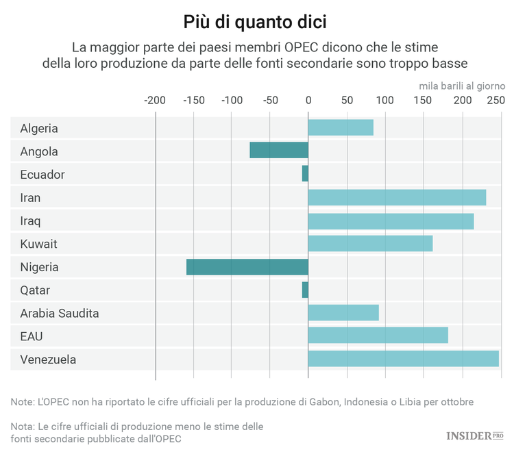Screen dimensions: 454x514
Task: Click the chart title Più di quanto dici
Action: click(255, 21)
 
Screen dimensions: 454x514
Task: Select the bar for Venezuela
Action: click(403, 359)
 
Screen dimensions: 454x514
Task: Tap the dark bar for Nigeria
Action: click(247, 266)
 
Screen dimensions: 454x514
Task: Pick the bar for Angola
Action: click(278, 151)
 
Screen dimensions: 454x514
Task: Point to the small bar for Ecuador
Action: click(305, 174)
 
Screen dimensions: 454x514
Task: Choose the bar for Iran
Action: click(397, 197)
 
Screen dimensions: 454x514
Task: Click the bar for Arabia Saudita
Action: click(343, 312)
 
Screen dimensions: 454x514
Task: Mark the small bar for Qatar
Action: click(305, 290)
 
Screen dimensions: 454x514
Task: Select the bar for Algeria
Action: click(341, 127)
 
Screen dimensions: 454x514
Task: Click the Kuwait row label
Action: click(38, 244)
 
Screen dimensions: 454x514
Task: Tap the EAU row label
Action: click(32, 336)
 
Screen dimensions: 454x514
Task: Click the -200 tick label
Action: click(155, 101)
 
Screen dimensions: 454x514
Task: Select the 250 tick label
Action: click(495, 101)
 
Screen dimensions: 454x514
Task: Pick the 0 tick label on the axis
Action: click(308, 101)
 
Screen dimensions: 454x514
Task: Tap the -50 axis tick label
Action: click(270, 101)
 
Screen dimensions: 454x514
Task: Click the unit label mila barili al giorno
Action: click(462, 86)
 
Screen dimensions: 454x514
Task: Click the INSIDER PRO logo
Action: click(474, 436)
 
